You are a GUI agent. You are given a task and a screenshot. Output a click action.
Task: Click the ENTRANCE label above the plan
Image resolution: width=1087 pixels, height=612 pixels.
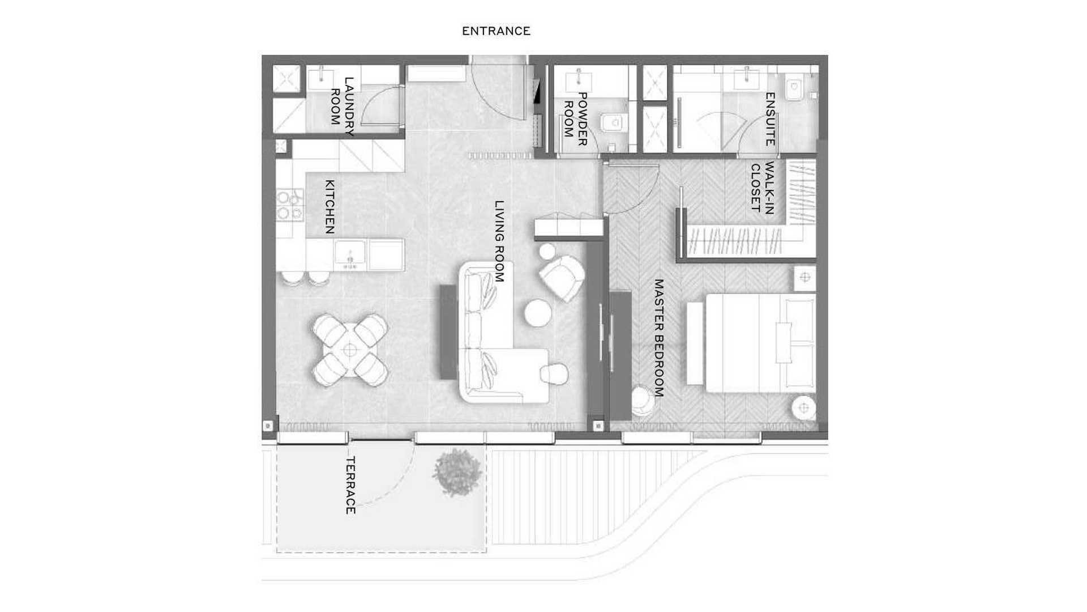coord(496,31)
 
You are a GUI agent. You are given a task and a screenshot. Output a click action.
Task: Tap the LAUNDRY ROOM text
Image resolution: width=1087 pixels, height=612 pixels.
coord(343,107)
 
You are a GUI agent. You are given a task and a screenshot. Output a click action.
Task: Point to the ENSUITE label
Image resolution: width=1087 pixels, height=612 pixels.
coord(770,119)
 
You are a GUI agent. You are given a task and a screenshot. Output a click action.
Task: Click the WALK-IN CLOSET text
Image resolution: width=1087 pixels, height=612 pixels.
coord(762,188)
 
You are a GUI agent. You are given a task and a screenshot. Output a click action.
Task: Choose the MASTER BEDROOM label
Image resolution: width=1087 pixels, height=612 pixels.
coord(658,338)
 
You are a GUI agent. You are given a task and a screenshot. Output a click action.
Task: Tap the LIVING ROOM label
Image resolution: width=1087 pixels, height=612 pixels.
coord(499,241)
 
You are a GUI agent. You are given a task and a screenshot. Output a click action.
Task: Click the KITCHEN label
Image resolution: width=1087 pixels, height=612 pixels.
coord(329,207)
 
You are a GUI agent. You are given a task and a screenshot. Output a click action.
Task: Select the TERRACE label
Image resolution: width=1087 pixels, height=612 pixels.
coord(350,485)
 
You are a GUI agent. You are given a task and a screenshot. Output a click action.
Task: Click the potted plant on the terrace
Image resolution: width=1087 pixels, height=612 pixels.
coord(456,472)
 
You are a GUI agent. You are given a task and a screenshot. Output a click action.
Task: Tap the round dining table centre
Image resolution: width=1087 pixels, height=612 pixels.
coord(350,350)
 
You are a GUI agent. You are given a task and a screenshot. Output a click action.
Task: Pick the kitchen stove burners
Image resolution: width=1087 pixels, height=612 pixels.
coord(290,205)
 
